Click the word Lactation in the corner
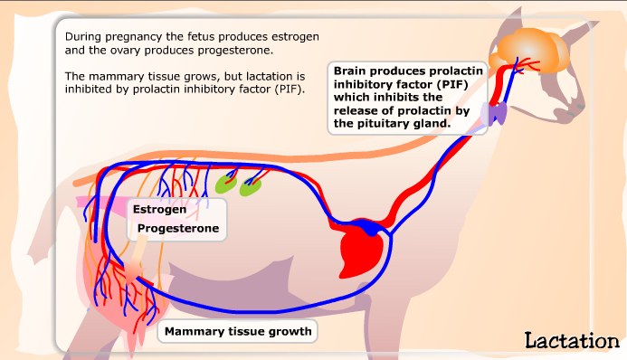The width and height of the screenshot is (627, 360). pyautogui.click(x=571, y=340)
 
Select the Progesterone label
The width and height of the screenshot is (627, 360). pyautogui.click(x=178, y=229)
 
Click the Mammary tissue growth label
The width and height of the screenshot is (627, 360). pyautogui.click(x=238, y=331)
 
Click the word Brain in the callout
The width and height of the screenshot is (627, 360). pyautogui.click(x=351, y=70)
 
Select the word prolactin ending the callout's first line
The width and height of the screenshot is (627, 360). pyautogui.click(x=457, y=70)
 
